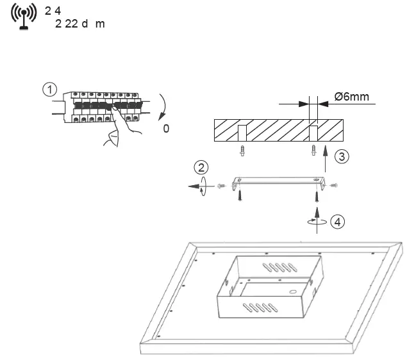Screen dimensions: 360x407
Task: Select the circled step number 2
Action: coord(202,168)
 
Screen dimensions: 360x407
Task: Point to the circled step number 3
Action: coord(344,156)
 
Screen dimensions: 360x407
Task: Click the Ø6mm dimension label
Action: coord(352,97)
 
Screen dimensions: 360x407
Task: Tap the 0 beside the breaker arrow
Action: coord(167,129)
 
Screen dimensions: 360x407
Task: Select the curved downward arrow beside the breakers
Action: coord(163,105)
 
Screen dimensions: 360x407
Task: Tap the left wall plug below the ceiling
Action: coord(242,151)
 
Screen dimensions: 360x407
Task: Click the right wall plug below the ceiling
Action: coord(313,151)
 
